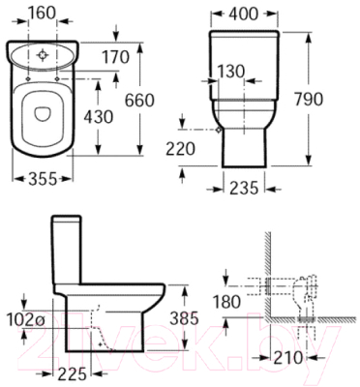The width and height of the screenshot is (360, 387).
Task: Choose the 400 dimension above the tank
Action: point(244,15)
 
